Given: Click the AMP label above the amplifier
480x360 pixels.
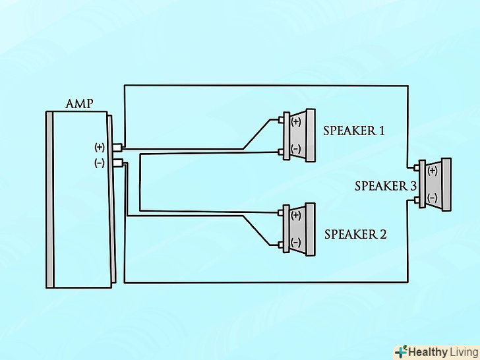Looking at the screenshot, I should pyautogui.click(x=79, y=104).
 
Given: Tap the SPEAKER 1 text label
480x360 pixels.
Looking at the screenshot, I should pyautogui.click(x=354, y=131).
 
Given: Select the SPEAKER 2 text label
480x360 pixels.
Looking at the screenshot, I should pyautogui.click(x=355, y=234).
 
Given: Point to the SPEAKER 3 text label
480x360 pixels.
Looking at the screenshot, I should pyautogui.click(x=386, y=186).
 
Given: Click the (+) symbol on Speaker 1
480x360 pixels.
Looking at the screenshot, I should pyautogui.click(x=295, y=122).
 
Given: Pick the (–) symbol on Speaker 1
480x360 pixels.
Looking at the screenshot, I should pyautogui.click(x=295, y=150).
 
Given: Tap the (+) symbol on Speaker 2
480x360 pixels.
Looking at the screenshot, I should pyautogui.click(x=295, y=215).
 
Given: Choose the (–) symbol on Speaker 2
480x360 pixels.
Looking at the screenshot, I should pyautogui.click(x=295, y=243).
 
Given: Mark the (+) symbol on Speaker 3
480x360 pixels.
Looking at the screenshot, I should pyautogui.click(x=433, y=171).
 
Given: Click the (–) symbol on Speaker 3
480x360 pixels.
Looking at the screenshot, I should pyautogui.click(x=433, y=198).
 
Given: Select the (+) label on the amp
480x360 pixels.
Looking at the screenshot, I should pyautogui.click(x=100, y=147).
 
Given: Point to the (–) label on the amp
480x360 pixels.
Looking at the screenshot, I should pyautogui.click(x=100, y=162).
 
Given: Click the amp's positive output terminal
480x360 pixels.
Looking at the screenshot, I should pyautogui.click(x=118, y=147).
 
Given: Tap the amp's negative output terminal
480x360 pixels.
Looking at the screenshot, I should pyautogui.click(x=118, y=162).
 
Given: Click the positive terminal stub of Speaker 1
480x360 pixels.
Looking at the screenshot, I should pyautogui.click(x=282, y=120).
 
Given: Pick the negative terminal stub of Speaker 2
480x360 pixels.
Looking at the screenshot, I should pyautogui.click(x=282, y=245).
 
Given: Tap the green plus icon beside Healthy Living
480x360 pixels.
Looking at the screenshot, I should pyautogui.click(x=401, y=351).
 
